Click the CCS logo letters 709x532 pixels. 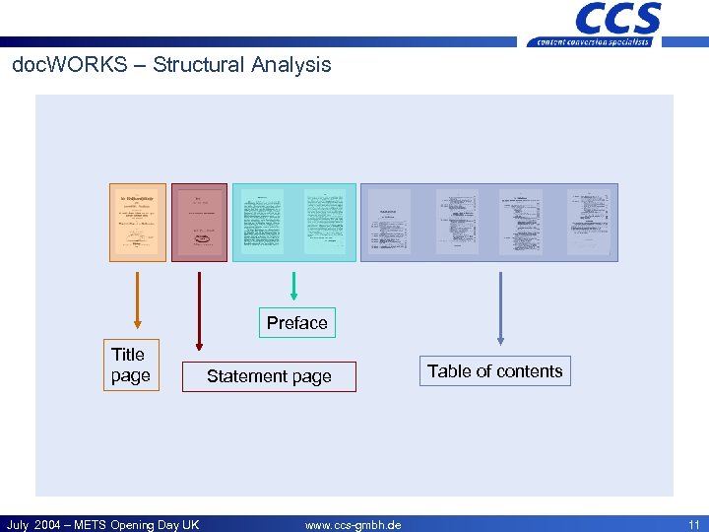(x=617, y=19)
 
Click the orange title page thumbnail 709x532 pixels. (x=138, y=222)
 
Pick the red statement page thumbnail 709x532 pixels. (x=199, y=222)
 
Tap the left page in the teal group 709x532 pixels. (x=263, y=222)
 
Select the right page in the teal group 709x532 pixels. (x=325, y=222)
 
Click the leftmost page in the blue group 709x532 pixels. (x=389, y=223)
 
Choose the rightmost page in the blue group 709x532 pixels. (x=588, y=222)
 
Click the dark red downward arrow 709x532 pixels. (x=199, y=311)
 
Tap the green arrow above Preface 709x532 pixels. (x=293, y=286)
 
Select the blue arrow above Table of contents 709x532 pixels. (x=501, y=308)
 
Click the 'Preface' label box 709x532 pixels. (x=296, y=323)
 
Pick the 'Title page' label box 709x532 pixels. (x=130, y=366)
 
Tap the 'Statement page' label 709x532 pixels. (x=269, y=376)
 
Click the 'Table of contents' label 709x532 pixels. (x=494, y=371)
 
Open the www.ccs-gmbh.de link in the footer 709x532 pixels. (x=353, y=525)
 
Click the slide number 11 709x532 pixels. (x=692, y=525)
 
